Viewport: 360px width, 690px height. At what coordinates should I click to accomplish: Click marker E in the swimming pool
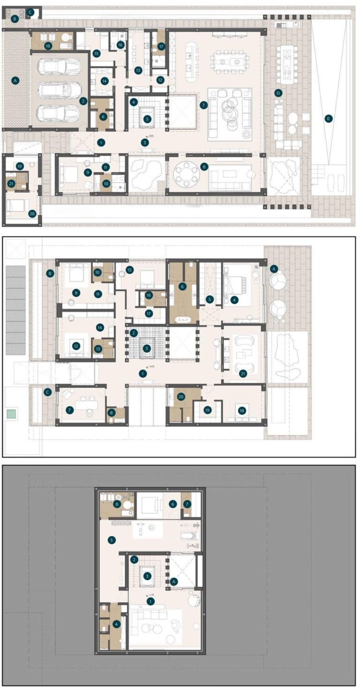pos(328,119)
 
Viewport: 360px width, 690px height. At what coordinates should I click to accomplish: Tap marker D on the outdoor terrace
pos(278,93)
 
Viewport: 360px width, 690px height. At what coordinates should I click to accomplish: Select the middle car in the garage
pos(59,90)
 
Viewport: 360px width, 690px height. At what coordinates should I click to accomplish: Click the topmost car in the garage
pos(59,67)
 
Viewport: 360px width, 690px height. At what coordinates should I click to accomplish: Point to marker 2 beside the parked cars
pos(83,101)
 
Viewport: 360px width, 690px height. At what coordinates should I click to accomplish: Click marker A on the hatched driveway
pos(15,81)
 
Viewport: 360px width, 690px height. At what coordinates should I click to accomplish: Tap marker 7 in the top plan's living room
pos(203,105)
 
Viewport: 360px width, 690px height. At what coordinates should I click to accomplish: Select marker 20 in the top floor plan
pos(32,213)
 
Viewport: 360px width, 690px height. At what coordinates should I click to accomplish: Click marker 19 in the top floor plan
pos(19,167)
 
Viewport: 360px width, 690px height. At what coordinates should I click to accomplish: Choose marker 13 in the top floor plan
pos(138,70)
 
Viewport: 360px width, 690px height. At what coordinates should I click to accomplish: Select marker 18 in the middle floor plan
pos(242,410)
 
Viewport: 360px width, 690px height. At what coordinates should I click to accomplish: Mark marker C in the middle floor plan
pos(47,392)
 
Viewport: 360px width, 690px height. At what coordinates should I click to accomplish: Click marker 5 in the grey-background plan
pos(111,540)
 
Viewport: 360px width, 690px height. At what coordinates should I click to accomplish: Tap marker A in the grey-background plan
pos(174,581)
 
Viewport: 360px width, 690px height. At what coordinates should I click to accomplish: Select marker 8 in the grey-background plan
pos(117,504)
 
